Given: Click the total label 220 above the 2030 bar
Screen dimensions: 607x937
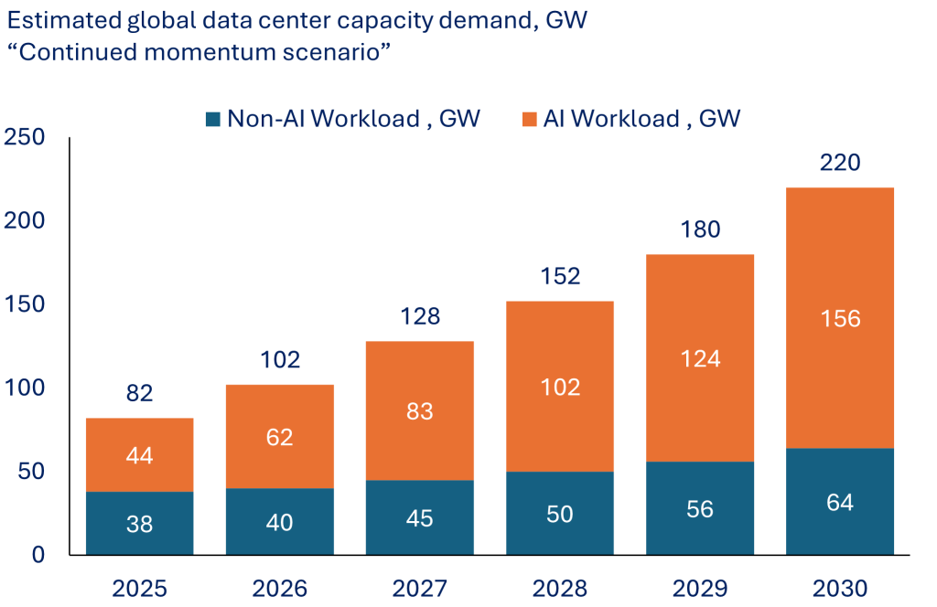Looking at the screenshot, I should click(839, 163).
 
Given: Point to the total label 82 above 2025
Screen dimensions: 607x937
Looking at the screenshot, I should click(139, 394).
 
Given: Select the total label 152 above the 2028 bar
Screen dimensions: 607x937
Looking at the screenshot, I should click(560, 276).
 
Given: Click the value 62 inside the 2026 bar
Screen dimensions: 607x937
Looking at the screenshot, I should click(280, 437).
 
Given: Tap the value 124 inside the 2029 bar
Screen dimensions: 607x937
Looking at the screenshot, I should click(700, 358).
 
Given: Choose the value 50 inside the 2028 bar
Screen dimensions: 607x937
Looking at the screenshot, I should click(560, 514).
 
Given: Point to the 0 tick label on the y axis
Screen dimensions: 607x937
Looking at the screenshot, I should click(38, 555).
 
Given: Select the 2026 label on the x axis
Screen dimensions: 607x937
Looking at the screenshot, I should click(280, 587).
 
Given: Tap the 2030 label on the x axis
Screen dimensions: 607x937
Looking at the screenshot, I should click(839, 587).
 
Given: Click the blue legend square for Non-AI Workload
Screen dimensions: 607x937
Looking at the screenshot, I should click(213, 119).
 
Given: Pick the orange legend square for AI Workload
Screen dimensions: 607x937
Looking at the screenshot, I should click(529, 119).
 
